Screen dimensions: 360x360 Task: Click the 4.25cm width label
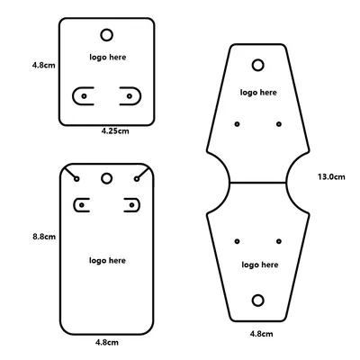(x=115, y=130)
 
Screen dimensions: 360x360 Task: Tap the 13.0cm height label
(x=331, y=176)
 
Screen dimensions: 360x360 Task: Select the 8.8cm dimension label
(x=44, y=237)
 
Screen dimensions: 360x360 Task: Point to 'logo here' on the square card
(x=108, y=57)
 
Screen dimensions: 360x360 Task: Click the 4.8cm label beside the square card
(x=44, y=65)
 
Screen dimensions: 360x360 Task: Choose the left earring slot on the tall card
(x=74, y=205)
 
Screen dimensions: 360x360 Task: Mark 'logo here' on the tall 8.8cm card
(x=107, y=260)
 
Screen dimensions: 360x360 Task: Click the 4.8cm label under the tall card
(x=107, y=342)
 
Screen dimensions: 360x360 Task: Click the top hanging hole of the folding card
(x=258, y=65)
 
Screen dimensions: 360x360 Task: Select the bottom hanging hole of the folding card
(x=258, y=301)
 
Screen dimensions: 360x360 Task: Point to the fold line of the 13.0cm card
(x=258, y=182)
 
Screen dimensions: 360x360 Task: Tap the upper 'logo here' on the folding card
(x=258, y=93)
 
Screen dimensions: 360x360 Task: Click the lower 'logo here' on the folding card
(x=260, y=265)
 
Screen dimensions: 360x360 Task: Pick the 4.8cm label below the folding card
(x=262, y=334)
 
